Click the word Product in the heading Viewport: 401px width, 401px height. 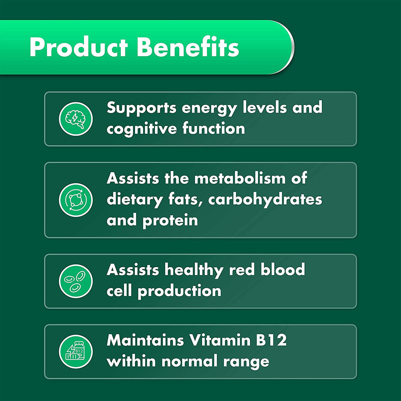[x=79, y=47]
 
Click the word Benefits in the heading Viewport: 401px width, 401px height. [x=188, y=47]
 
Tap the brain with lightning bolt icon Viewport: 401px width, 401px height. [x=76, y=119]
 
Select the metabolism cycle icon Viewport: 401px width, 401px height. [x=76, y=200]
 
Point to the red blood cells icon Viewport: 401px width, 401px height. [x=76, y=281]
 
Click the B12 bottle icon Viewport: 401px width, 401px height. [x=76, y=352]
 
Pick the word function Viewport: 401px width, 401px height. [x=214, y=129]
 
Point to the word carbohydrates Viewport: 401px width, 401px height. [x=265, y=200]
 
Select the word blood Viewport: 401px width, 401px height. [x=283, y=270]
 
